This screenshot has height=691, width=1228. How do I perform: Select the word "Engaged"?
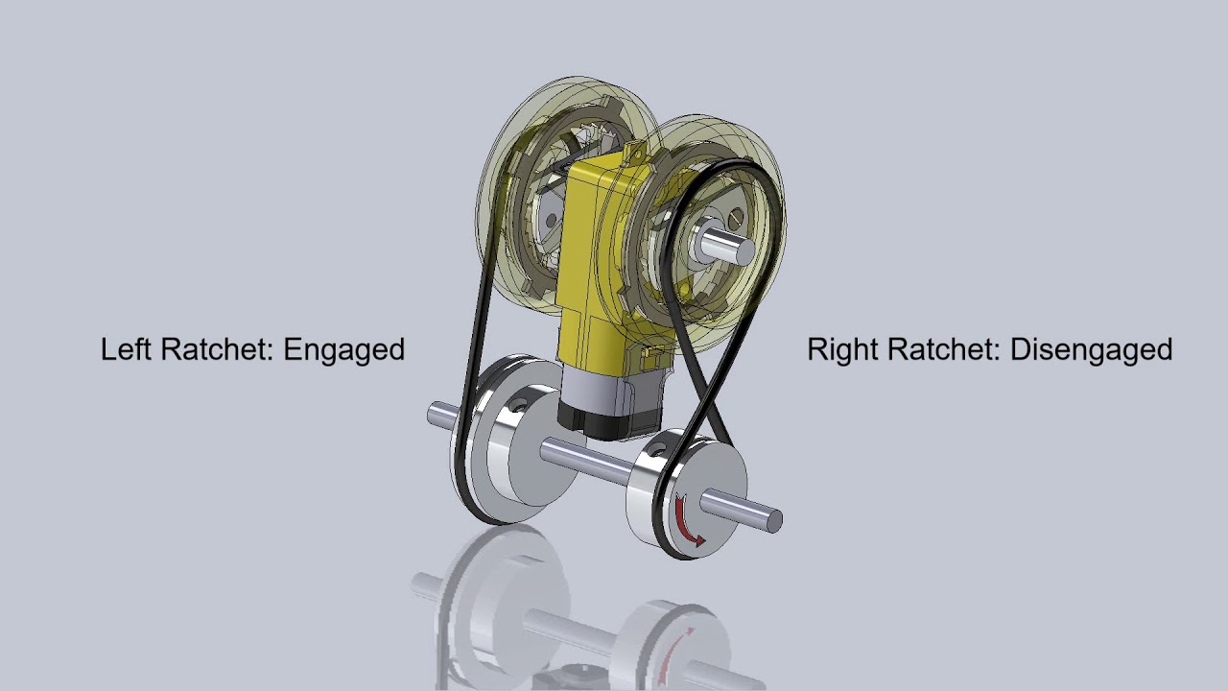(343, 350)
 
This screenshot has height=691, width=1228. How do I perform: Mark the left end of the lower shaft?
(433, 415)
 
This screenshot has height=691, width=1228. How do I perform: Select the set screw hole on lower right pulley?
(657, 448)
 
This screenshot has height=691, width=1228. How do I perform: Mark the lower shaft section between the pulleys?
(585, 455)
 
